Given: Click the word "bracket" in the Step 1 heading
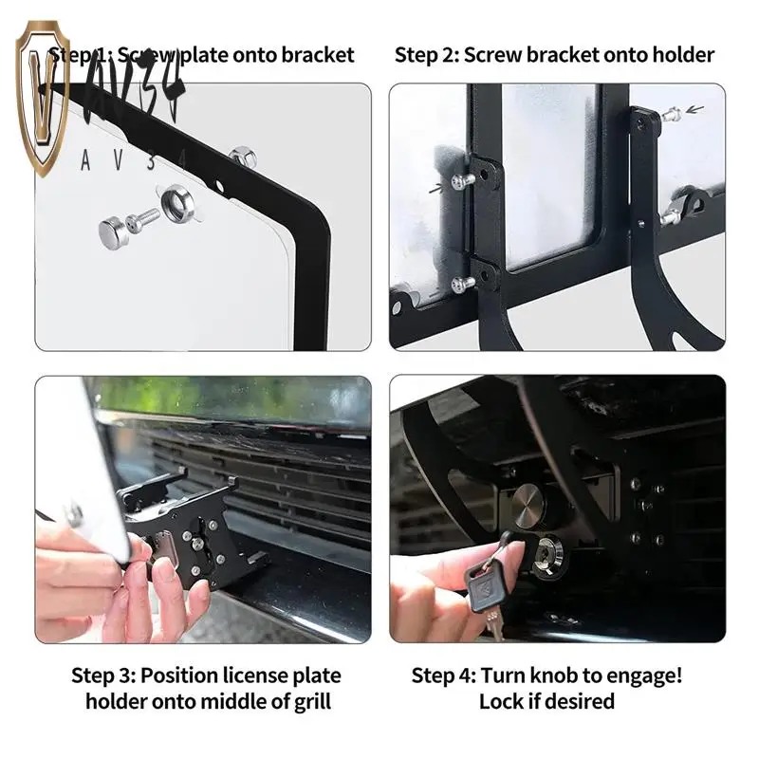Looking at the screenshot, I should (320, 55).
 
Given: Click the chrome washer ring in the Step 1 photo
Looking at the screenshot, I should (176, 205).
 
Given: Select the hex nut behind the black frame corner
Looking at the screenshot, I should (242, 154).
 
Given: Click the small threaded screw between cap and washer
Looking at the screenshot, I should (147, 217).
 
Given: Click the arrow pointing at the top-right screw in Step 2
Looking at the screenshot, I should (695, 109).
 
